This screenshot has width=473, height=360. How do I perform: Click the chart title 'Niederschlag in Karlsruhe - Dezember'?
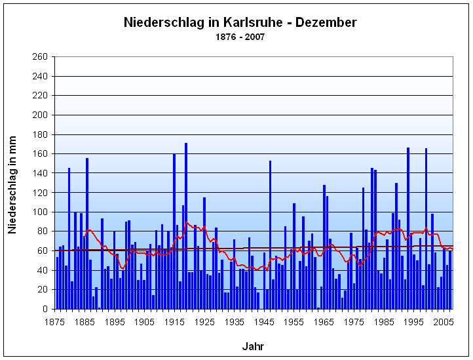click(x=240, y=22)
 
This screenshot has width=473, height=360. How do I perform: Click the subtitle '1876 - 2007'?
click(x=240, y=37)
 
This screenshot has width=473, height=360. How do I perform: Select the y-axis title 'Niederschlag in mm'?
click(x=12, y=182)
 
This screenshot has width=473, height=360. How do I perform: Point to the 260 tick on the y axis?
click(x=40, y=57)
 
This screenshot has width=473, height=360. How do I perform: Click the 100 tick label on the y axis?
click(x=40, y=212)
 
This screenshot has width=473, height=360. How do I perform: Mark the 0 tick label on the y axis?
click(x=45, y=309)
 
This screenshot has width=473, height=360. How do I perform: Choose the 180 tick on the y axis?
click(x=40, y=134)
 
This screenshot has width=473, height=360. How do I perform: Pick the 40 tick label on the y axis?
click(x=43, y=270)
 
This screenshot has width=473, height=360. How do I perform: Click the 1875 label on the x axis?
click(x=54, y=322)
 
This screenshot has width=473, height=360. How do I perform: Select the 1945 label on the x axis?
click(x=264, y=322)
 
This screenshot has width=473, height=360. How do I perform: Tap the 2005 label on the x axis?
click(x=444, y=322)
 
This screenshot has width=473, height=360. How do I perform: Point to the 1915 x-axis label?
click(x=174, y=322)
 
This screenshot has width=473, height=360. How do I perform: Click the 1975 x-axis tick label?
click(x=354, y=322)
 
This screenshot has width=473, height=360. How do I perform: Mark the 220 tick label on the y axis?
click(x=40, y=96)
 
